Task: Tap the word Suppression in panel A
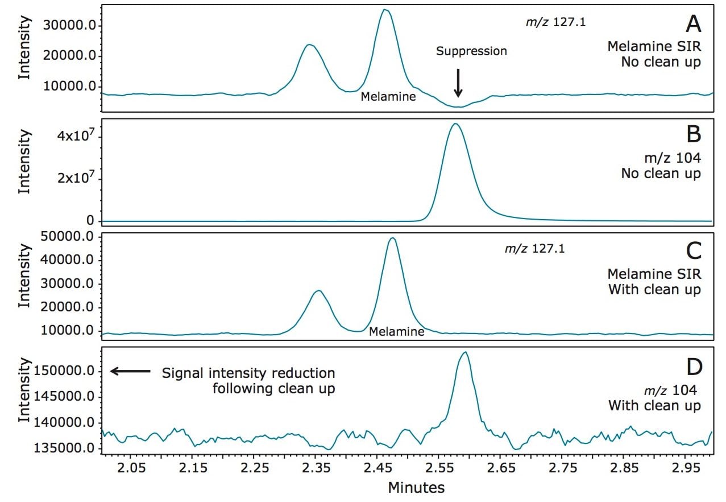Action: coord(471,51)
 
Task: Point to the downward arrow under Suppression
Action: coord(458,83)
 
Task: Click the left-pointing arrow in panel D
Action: coord(130,371)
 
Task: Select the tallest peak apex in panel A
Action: coord(385,10)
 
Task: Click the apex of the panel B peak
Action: coord(455,124)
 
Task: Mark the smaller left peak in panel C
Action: coord(318,291)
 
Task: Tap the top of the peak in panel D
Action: coord(465,352)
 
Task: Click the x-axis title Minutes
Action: coord(416,487)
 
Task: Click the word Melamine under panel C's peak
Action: coord(396,331)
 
